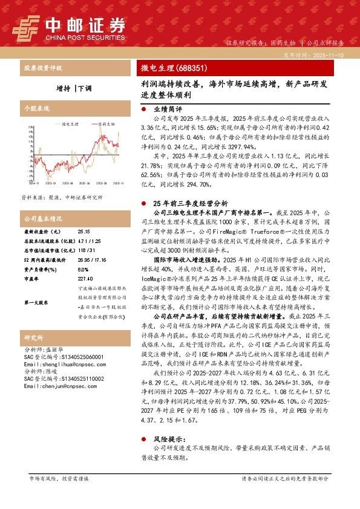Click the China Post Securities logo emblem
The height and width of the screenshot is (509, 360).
[25, 28]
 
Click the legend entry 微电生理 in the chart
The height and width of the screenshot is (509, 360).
[70, 123]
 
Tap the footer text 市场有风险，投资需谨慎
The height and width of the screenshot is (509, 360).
[59, 478]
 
